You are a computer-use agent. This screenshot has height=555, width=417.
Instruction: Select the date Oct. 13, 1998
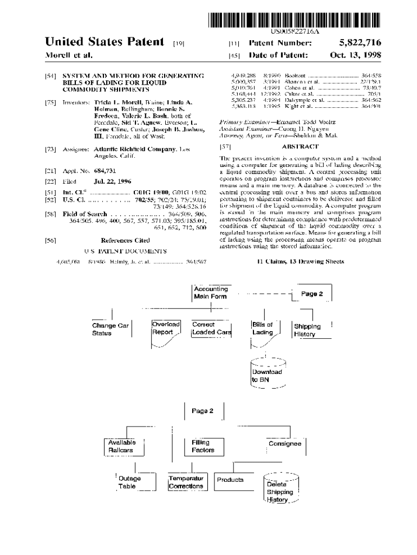[356, 55]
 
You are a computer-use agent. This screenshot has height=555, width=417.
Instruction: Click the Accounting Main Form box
[211, 293]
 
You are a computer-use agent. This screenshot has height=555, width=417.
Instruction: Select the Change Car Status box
[111, 329]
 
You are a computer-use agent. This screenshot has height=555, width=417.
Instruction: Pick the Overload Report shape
[166, 330]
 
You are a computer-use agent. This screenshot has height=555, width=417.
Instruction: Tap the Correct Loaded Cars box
[211, 328]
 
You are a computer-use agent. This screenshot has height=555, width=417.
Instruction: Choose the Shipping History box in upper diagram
[308, 331]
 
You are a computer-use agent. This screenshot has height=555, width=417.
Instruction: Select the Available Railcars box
[121, 446]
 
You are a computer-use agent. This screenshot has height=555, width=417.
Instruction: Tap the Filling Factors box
[203, 446]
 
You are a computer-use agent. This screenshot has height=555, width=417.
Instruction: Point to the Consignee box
[285, 444]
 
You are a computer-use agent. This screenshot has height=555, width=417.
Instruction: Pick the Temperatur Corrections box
[186, 482]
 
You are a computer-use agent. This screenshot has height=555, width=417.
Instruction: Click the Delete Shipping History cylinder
[280, 489]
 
